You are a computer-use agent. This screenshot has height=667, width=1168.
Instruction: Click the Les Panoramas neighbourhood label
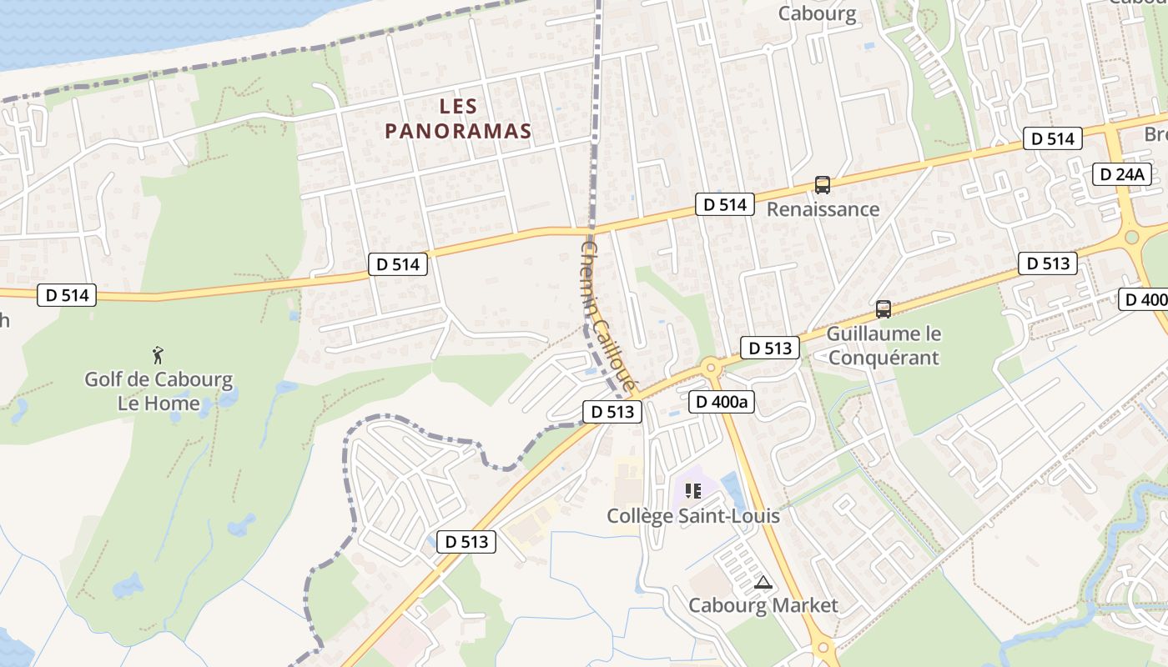click(x=458, y=118)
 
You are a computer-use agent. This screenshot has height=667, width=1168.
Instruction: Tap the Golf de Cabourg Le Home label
click(x=159, y=391)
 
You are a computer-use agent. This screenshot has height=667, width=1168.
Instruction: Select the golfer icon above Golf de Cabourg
click(x=158, y=356)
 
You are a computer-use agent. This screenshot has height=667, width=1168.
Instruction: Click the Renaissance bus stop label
click(x=823, y=208)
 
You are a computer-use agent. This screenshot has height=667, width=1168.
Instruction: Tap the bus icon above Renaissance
click(x=823, y=185)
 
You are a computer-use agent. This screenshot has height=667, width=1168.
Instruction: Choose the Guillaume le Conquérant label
click(x=884, y=345)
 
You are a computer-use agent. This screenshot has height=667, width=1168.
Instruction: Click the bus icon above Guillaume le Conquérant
click(x=884, y=309)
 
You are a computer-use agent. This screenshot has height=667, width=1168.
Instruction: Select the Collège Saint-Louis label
click(x=693, y=515)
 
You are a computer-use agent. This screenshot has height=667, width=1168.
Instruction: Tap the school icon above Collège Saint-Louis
click(x=693, y=490)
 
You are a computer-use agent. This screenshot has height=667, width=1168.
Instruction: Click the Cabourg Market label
click(x=763, y=604)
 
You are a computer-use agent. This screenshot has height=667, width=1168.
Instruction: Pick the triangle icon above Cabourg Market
click(x=763, y=582)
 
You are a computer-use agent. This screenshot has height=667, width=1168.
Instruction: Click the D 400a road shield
click(x=722, y=402)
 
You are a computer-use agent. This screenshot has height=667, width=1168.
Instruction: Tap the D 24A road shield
click(x=1122, y=174)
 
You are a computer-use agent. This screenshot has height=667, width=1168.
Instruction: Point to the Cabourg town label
click(x=817, y=13)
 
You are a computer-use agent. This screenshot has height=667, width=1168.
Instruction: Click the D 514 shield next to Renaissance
click(x=723, y=203)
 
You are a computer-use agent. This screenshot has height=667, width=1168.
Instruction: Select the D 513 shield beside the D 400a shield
click(x=769, y=348)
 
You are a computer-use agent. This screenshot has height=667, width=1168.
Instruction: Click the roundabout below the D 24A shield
click(x=1132, y=237)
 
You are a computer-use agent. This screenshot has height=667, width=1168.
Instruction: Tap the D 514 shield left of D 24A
click(x=1053, y=138)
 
